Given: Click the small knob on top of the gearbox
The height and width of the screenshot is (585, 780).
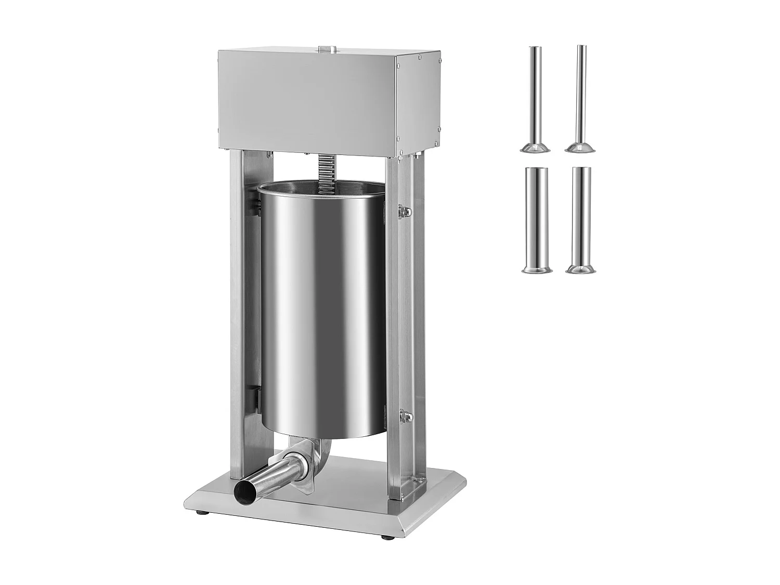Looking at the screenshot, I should click(x=327, y=48).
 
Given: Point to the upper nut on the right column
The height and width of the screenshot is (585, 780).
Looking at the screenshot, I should click(x=405, y=211).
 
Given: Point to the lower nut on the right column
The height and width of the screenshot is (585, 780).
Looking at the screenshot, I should click(x=405, y=418).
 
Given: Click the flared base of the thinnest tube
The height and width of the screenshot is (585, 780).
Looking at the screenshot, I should click(x=580, y=147).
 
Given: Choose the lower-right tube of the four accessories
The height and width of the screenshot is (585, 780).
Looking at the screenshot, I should click(x=580, y=218).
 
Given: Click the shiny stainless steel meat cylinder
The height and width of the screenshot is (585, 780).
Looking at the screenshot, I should click(x=322, y=307).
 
